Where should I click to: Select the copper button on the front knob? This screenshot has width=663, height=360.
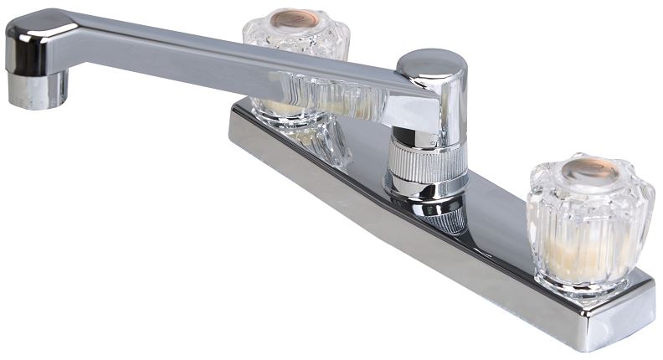589,169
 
